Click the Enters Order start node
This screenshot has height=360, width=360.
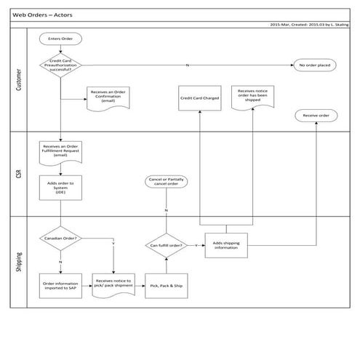(62, 39)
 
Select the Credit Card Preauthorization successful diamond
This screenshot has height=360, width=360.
(61, 65)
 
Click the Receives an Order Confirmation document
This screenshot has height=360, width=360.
(108, 96)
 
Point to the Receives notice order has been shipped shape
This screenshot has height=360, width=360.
(252, 96)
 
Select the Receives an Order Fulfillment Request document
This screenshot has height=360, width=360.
(61, 152)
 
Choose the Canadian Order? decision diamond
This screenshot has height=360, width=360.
(61, 237)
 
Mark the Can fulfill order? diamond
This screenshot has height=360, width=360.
(166, 245)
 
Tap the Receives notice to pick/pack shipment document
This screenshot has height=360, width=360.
(114, 284)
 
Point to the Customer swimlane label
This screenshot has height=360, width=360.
(19, 81)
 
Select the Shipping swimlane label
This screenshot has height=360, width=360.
(19, 259)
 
